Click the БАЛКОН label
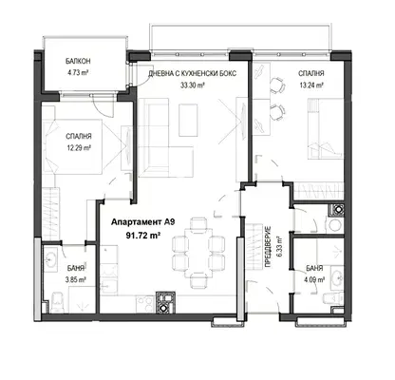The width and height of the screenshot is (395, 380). tap(78, 61)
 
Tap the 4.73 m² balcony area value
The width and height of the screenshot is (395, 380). tap(78, 72)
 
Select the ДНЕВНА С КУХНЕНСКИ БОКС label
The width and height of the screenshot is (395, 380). tap(193, 73)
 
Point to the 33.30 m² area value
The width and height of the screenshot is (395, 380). tap(192, 85)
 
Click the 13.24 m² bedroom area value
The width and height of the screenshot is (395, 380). tap(311, 85)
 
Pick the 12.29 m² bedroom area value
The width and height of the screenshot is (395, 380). tap(79, 147)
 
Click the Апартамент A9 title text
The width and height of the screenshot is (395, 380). tap(142, 222)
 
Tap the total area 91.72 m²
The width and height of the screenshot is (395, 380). tap(142, 236)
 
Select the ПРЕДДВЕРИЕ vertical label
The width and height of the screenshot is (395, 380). tap(268, 247)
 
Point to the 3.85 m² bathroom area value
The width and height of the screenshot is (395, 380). tap(76, 279)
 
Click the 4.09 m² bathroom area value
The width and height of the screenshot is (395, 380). tap(314, 280)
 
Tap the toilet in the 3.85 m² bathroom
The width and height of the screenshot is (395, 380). tap(57, 302)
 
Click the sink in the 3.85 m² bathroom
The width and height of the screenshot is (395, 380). tap(50, 259)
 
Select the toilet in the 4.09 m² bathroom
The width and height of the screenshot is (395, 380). tap(332, 298)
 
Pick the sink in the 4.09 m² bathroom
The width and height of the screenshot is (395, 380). tap(337, 278)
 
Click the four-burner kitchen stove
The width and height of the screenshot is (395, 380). tap(145, 304)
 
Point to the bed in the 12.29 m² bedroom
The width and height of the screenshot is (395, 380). tap(75, 146)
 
